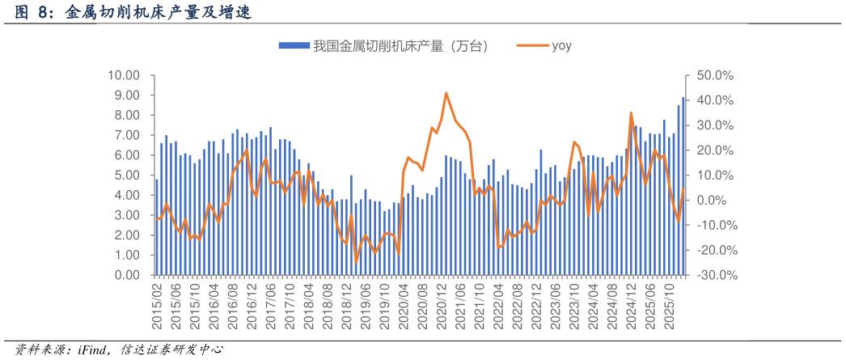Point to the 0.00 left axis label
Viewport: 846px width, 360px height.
point(125,275)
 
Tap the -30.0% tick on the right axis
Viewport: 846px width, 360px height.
point(713,275)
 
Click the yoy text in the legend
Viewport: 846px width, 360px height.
point(561,46)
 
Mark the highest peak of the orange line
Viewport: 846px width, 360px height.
point(446,93)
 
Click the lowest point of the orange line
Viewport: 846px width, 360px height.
point(356,263)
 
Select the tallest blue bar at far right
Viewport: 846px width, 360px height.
point(683,186)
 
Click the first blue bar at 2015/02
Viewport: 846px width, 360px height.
point(157,227)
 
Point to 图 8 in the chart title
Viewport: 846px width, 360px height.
point(33,13)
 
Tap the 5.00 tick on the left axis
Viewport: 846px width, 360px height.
point(125,176)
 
